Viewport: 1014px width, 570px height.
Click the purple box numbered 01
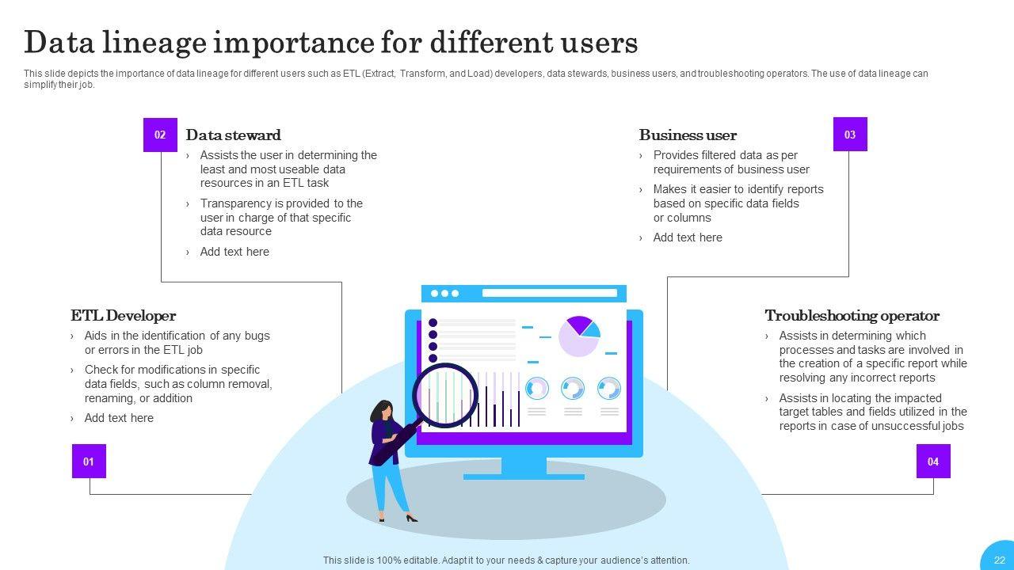pyautogui.click(x=90, y=461)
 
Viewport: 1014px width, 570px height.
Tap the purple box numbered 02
pyautogui.click(x=160, y=135)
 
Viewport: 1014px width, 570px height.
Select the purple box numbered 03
pyautogui.click(x=850, y=135)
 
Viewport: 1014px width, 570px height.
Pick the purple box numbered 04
pyautogui.click(x=933, y=461)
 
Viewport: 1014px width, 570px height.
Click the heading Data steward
pyautogui.click(x=233, y=135)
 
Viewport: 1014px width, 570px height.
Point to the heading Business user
pyautogui.click(x=688, y=135)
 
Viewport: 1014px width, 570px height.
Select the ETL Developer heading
pyautogui.click(x=123, y=315)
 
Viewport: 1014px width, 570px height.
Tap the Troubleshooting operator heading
pyautogui.click(x=852, y=315)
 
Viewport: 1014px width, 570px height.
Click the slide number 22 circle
pyautogui.click(x=1000, y=557)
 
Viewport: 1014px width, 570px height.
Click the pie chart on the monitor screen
pyautogui.click(x=579, y=336)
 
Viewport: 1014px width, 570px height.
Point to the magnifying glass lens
pyautogui.click(x=445, y=395)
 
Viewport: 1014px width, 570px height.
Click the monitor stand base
pyautogui.click(x=524, y=477)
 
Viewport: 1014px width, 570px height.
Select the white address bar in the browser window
pyautogui.click(x=550, y=293)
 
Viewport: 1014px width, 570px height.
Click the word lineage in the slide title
pyautogui.click(x=154, y=43)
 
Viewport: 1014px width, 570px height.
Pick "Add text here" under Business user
pyautogui.click(x=688, y=237)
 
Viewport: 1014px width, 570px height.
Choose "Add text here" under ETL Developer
pyautogui.click(x=119, y=418)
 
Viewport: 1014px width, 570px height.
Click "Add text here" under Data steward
pyautogui.click(x=234, y=252)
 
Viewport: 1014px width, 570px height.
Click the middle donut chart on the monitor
pyautogui.click(x=573, y=389)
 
